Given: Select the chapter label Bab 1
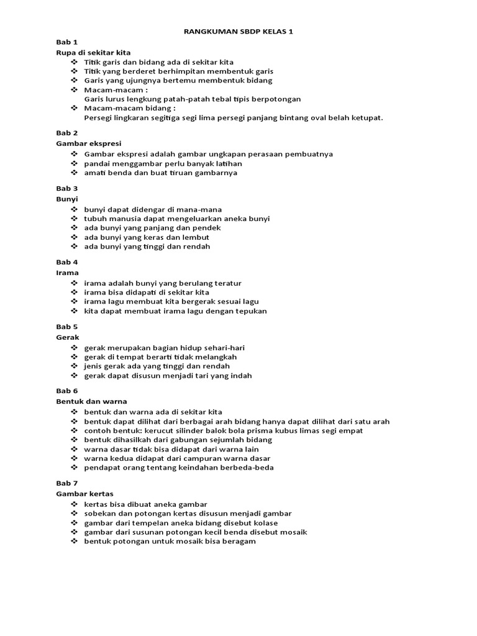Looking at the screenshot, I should (x=66, y=42).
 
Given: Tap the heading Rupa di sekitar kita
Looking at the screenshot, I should (x=93, y=53).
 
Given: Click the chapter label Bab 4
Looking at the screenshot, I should (x=66, y=262).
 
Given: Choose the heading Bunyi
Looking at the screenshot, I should (x=67, y=199).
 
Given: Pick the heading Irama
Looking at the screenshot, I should (x=68, y=273).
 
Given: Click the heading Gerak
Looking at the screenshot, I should (x=68, y=337).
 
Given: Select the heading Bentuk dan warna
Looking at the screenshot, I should (x=91, y=401).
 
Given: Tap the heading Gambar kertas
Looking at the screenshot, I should (x=85, y=494).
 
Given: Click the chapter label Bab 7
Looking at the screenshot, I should (x=66, y=483).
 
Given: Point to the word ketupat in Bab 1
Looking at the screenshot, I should (x=367, y=117).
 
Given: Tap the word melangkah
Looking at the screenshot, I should (x=214, y=357).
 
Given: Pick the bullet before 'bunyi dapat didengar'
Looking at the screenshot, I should (x=75, y=209).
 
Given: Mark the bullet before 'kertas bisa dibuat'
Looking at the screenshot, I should (x=75, y=504).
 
